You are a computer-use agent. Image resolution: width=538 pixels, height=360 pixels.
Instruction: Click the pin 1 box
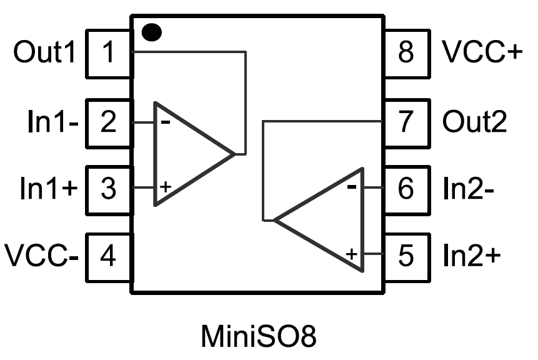tap(108, 54)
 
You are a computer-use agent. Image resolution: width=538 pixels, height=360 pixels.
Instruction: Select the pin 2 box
tap(108, 121)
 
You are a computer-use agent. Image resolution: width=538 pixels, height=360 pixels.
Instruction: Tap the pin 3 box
tap(108, 188)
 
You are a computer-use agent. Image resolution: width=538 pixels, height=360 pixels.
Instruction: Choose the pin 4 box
tap(108, 256)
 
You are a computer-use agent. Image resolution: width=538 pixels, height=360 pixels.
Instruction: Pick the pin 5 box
tap(407, 256)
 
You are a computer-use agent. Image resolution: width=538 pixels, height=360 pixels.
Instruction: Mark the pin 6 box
tap(407, 188)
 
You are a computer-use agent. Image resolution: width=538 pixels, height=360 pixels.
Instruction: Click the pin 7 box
tap(407, 121)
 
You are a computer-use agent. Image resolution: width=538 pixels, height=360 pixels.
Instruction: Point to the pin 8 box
tap(407, 54)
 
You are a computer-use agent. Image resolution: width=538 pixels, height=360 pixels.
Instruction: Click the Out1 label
tap(44, 54)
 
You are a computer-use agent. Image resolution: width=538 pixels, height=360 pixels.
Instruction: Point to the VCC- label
tap(41, 256)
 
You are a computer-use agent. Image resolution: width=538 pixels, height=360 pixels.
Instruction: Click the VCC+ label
tap(481, 54)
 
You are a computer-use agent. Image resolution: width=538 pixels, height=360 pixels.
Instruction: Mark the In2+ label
tap(472, 256)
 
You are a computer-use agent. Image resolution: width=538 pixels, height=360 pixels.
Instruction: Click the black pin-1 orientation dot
tap(151, 32)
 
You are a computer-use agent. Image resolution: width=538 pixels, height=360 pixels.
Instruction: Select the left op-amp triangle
tap(187, 153)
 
